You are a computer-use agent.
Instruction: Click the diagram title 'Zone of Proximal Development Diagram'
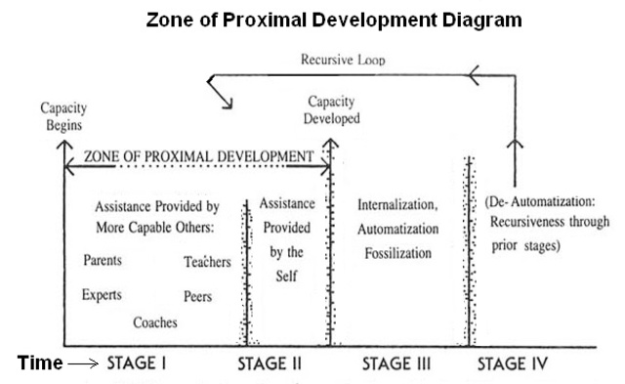coord(333,19)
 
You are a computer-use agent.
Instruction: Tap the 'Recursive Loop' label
coord(342,60)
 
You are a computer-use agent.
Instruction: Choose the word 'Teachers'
coord(207,262)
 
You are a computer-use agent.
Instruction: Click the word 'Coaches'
coord(156,321)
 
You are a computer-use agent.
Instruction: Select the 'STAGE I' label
coord(139,363)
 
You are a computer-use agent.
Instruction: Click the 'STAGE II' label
coord(270,363)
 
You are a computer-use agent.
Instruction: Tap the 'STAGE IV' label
coord(514,363)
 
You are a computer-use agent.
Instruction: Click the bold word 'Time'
coord(40,363)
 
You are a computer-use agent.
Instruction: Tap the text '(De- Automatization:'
coord(546,202)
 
